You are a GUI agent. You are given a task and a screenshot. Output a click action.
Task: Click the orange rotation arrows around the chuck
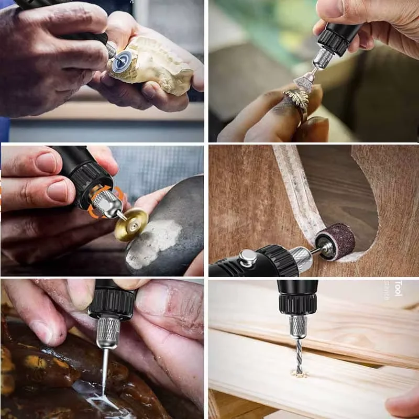100,202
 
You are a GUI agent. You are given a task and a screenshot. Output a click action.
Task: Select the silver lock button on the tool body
248,258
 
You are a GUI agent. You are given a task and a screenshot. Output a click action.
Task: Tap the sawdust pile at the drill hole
299,374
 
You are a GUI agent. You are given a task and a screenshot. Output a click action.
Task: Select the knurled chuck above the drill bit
298,326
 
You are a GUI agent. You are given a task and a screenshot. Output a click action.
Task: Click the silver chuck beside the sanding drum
302,258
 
